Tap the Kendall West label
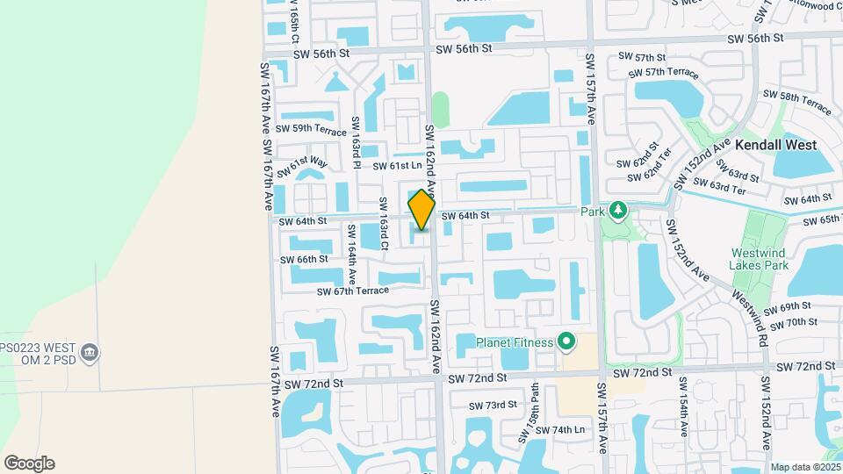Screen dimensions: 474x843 point(775,145)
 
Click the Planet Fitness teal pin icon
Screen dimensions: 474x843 point(567,342)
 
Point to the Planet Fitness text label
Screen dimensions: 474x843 point(515,342)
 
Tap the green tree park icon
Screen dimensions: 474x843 point(618,211)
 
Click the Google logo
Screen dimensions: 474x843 point(29,463)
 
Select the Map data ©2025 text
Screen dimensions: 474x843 point(805,468)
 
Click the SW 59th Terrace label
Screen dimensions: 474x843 point(311,129)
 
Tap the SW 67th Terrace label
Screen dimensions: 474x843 point(352,291)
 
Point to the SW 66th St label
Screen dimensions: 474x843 point(304,260)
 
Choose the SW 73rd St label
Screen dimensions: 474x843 point(493,406)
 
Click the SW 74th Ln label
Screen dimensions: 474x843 point(559,430)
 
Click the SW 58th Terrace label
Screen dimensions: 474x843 point(796,102)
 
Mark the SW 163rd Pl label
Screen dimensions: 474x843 point(357,142)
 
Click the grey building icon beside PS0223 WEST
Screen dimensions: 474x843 point(89,353)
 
